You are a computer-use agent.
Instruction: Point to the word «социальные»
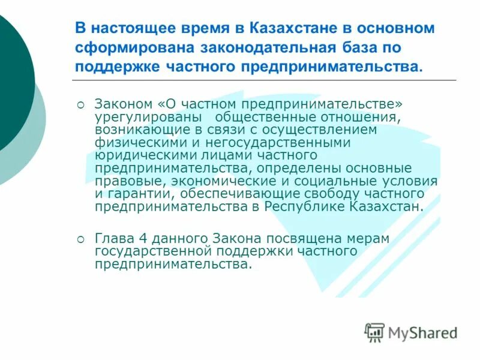tap(343, 181)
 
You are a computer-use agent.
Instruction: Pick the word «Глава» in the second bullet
tap(113, 239)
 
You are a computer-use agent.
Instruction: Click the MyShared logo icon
tap(374, 332)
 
